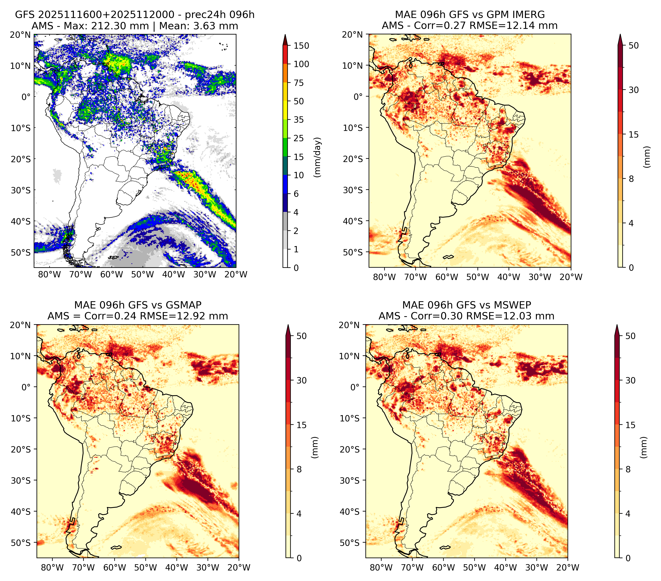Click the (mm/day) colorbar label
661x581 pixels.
(318, 157)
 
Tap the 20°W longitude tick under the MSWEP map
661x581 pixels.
(568, 567)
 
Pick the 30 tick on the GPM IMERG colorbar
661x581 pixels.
(634, 90)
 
